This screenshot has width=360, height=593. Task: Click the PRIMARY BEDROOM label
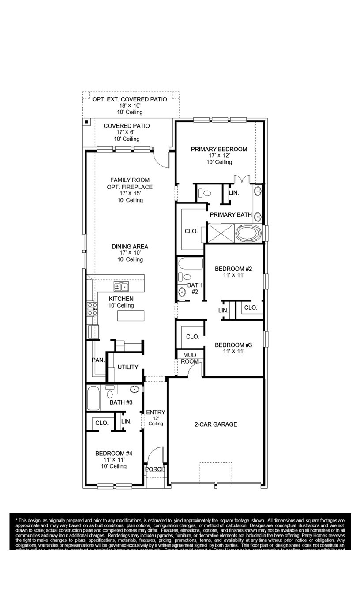219,149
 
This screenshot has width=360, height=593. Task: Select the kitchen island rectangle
131,315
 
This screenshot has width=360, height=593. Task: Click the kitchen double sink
121,287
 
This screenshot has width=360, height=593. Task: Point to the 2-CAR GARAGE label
216,424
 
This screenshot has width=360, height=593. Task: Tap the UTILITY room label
128,367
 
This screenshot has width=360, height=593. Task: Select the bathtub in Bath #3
94,398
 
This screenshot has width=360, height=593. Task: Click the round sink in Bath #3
135,389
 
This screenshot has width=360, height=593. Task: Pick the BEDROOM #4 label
114,453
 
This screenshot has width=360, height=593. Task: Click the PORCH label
155,469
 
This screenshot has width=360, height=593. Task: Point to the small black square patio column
87,122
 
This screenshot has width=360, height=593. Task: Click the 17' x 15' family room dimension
130,193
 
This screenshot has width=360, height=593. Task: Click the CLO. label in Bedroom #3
192,337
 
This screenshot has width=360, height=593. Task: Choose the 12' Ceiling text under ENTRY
155,421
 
